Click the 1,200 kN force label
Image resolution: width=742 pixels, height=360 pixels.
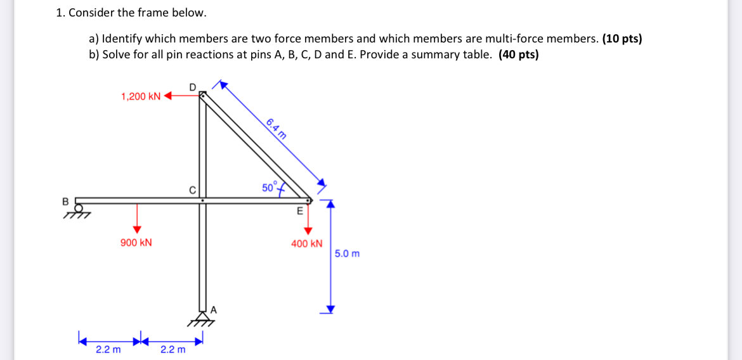pyautogui.click(x=141, y=96)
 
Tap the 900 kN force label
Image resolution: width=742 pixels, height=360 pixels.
pyautogui.click(x=136, y=243)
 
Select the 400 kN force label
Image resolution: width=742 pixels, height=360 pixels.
pyautogui.click(x=306, y=243)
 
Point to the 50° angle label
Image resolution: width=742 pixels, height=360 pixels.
pyautogui.click(x=269, y=188)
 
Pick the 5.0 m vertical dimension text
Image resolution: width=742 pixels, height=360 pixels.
pyautogui.click(x=347, y=254)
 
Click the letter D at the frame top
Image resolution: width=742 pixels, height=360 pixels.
pyautogui.click(x=193, y=86)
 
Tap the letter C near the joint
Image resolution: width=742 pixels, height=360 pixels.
pyautogui.click(x=192, y=189)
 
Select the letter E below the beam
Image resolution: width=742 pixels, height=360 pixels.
pyautogui.click(x=300, y=212)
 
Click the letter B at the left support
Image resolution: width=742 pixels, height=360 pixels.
pyautogui.click(x=65, y=201)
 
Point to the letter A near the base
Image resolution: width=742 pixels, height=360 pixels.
pyautogui.click(x=214, y=310)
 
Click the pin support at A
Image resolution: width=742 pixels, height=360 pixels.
pyautogui.click(x=202, y=317)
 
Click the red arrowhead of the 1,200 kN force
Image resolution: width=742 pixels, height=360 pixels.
pyautogui.click(x=168, y=96)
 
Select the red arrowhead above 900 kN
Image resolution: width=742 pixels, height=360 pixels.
pyautogui.click(x=136, y=229)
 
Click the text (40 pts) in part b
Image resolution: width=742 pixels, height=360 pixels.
pyautogui.click(x=519, y=55)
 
